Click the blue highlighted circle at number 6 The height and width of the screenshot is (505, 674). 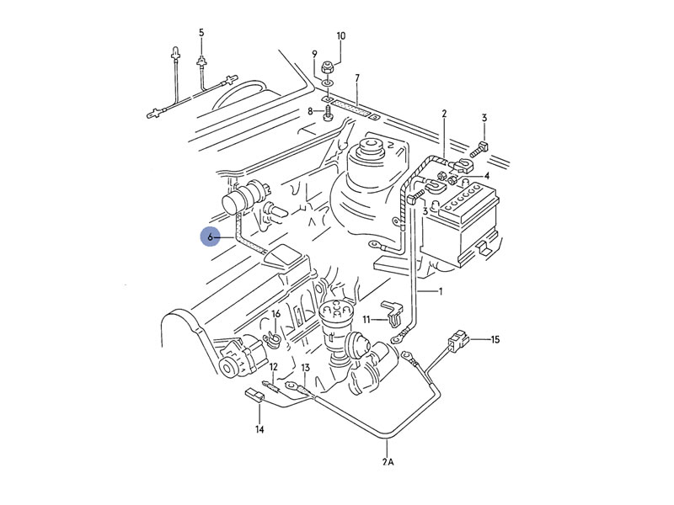(211, 237)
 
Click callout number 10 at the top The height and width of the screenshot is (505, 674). (340, 36)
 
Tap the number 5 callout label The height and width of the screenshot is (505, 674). (201, 33)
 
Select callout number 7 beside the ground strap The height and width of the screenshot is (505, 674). (357, 78)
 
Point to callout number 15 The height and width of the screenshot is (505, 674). (495, 340)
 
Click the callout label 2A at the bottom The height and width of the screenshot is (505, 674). (387, 462)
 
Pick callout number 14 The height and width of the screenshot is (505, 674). (259, 430)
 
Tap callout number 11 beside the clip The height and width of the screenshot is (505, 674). (366, 320)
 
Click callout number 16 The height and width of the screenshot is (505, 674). (275, 314)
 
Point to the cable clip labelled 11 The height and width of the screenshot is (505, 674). (391, 311)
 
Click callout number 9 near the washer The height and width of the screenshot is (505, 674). (315, 55)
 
